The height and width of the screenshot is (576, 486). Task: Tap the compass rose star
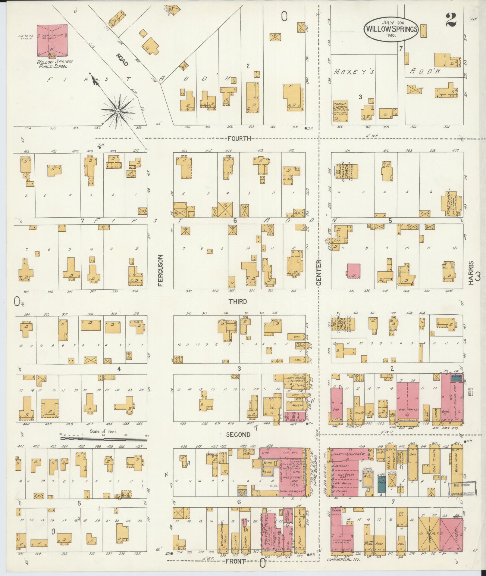pos(118,111)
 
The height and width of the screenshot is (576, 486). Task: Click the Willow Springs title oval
pos(391,29)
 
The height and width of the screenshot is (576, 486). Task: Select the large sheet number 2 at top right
pos(450,20)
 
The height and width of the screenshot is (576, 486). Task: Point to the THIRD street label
pos(237,301)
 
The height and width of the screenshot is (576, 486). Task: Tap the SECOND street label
pos(238,434)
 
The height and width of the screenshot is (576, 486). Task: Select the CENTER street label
pos(319,272)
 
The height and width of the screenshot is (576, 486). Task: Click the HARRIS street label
pos(471,272)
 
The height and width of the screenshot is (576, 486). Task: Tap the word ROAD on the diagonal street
pos(122,60)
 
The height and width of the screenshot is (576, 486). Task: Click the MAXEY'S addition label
pos(354,72)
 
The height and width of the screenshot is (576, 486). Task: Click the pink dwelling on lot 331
pos(354,271)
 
